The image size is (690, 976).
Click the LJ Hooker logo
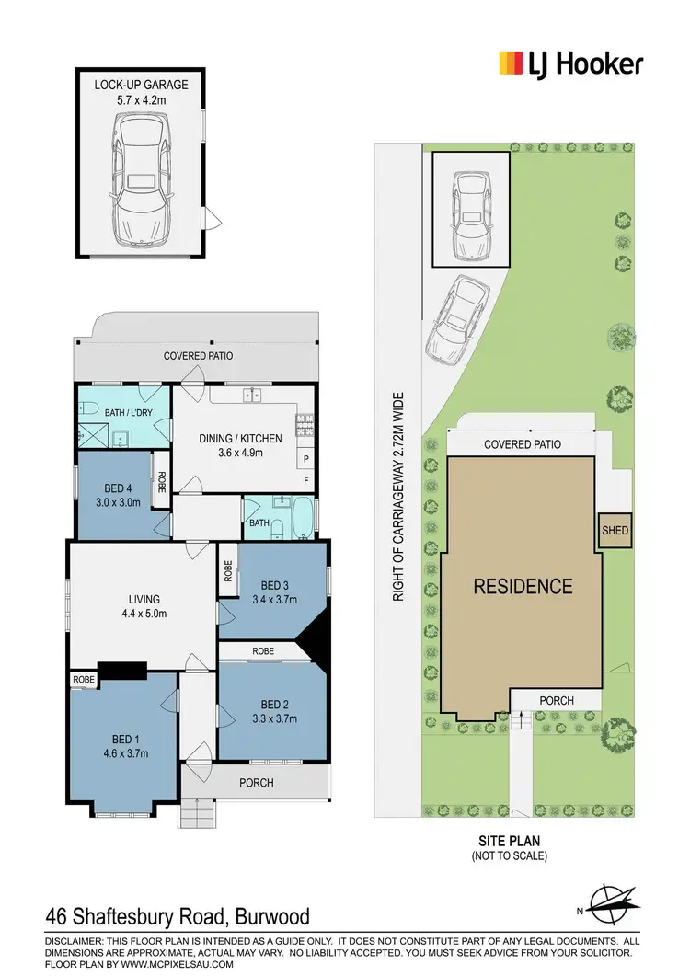[x=570, y=63]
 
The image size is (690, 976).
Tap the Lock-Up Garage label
[x=141, y=85]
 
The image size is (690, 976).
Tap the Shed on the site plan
[x=615, y=531]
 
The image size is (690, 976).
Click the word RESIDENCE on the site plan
[x=523, y=586]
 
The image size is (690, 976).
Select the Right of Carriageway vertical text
[x=399, y=497]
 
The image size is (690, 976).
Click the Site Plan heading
[x=508, y=840]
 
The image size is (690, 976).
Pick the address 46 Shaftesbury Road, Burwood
[x=178, y=916]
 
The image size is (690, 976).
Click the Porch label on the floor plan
[x=257, y=783]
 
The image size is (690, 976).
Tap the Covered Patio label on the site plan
[x=523, y=444]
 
